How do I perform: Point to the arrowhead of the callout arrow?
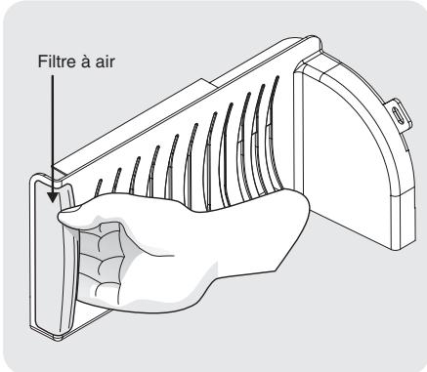pos(53,195)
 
